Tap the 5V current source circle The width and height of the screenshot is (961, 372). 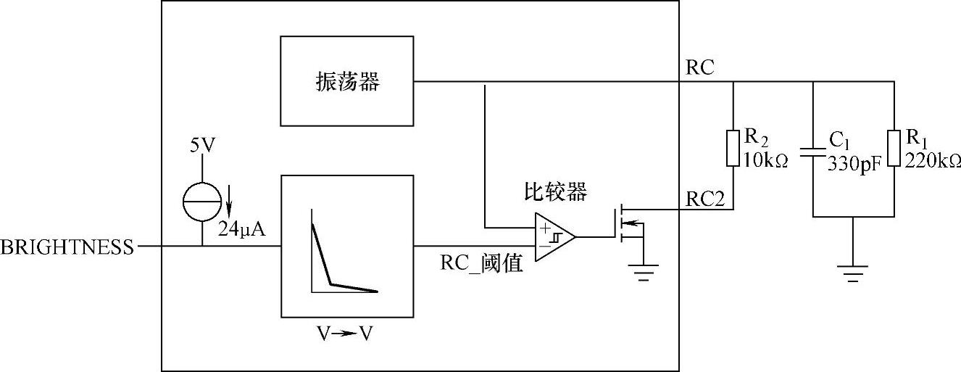(202, 202)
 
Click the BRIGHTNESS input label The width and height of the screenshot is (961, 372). (67, 247)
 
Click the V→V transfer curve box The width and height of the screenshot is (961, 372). (346, 246)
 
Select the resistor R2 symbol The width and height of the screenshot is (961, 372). (733, 148)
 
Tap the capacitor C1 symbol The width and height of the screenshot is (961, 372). (813, 153)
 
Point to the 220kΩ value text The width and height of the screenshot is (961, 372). (933, 160)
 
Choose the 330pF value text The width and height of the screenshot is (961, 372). (856, 162)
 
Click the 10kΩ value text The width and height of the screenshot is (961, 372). (764, 160)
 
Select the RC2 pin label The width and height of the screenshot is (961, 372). (705, 199)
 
